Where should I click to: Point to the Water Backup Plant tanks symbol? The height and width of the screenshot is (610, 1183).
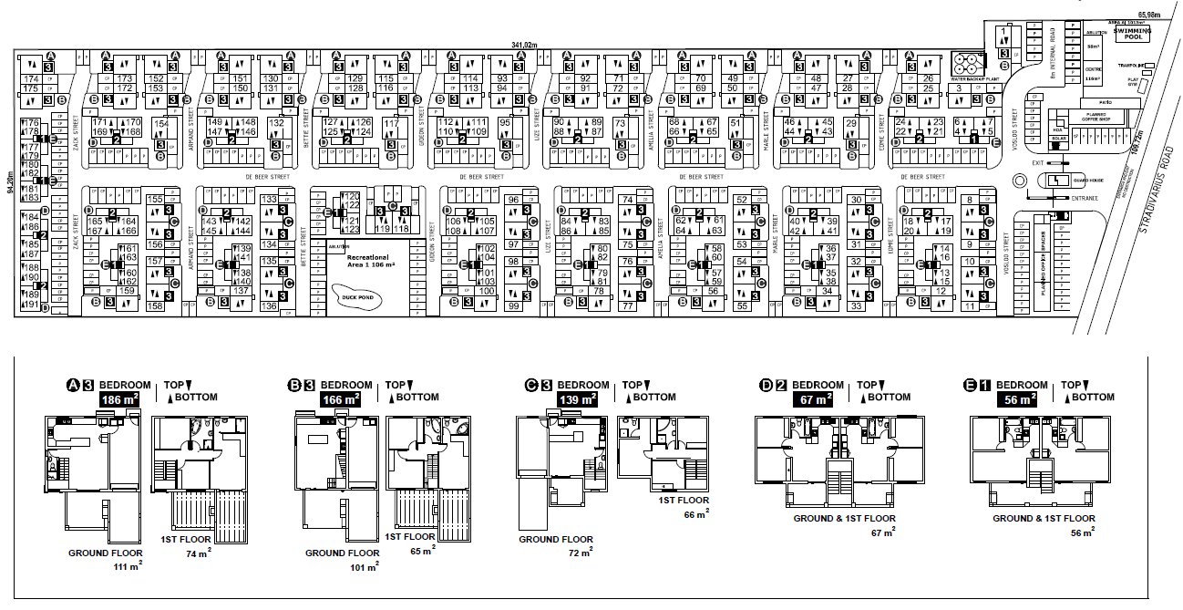pos(965,63)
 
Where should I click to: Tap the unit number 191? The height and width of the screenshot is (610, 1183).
pos(31,305)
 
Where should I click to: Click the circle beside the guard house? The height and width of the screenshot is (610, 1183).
pos(1019,181)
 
